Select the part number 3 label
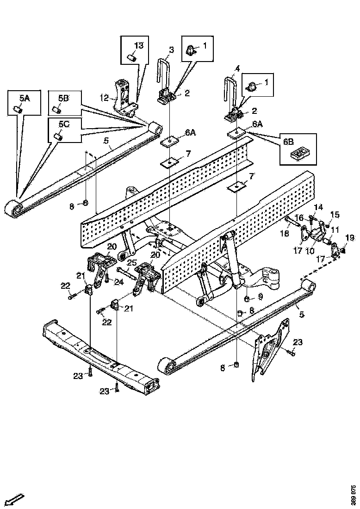tap(171, 50)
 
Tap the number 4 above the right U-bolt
tap(237, 68)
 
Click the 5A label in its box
tap(24, 98)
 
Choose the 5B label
tap(63, 98)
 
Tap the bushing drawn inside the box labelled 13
tap(131, 58)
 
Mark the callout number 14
tap(319, 207)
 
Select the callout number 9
tap(260, 296)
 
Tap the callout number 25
tap(131, 263)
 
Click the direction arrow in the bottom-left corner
tap(16, 499)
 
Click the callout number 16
tap(299, 217)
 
